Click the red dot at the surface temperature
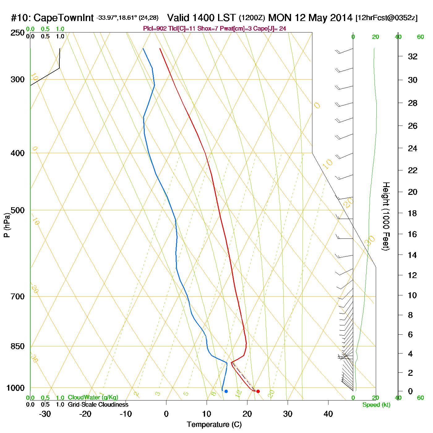coord(258,391)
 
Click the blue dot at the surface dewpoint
coord(226,391)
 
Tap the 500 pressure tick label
coord(18,210)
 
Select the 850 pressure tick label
coord(18,346)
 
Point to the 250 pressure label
coord(18,33)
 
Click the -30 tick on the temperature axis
coord(45,414)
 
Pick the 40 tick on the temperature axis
coord(328,414)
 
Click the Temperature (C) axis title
coord(214,425)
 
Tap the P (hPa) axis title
coord(7,225)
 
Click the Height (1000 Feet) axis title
coord(386,216)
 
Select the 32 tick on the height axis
coord(413,57)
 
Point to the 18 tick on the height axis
coord(413,213)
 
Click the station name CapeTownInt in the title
coord(63,18)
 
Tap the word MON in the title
coord(280,18)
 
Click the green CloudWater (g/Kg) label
coord(93,397)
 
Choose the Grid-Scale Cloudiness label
coord(98,405)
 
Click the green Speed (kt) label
coord(376,405)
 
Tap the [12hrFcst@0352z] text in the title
coord(387,18)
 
